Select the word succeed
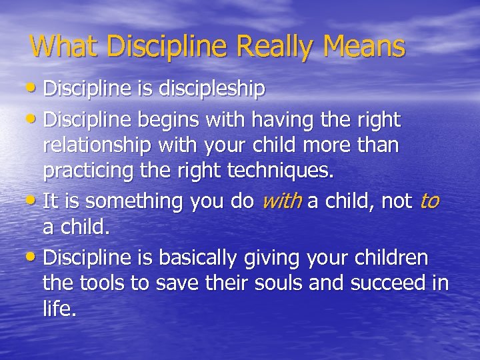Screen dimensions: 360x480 point(390,284)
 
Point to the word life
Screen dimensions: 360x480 point(59,309)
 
